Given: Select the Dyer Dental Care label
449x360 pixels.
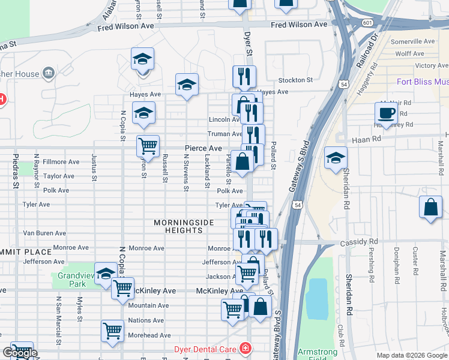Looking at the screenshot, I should [206, 348].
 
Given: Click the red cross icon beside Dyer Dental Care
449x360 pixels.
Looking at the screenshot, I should [245, 348].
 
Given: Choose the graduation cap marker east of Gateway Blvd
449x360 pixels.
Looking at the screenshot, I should [336, 159].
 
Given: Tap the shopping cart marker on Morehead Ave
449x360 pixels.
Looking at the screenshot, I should [112, 331].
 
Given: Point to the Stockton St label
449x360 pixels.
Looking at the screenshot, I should [295, 80].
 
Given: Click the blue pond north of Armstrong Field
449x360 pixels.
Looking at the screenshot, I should [317, 299].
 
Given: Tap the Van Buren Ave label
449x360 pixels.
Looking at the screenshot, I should [44, 233].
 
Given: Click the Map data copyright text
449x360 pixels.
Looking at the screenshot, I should [411, 355].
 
